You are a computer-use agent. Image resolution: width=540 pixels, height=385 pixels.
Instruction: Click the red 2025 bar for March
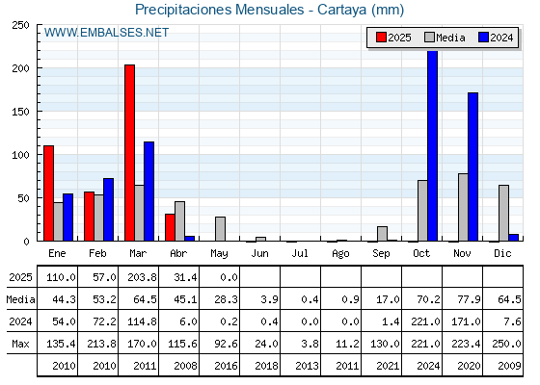tap(129, 153)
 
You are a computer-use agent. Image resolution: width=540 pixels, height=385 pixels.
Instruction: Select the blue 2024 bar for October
tap(432, 145)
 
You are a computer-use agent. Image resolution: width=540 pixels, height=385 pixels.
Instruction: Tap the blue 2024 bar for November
tap(472, 167)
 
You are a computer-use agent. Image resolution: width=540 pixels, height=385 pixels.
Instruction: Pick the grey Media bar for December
tap(503, 213)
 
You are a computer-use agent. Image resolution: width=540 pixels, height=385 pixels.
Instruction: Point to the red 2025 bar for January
tap(48, 193)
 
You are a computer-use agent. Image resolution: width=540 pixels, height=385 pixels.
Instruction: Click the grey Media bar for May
tap(220, 229)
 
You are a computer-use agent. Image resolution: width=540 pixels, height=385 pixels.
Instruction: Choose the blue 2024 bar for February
tap(108, 210)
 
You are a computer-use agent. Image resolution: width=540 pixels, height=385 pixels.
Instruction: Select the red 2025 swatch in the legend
tap(381, 38)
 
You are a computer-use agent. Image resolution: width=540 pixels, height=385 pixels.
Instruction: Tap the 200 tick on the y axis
tap(20, 68)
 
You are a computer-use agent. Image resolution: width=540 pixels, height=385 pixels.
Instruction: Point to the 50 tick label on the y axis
tap(23, 198)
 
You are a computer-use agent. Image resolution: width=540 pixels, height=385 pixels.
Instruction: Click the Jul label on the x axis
tap(300, 253)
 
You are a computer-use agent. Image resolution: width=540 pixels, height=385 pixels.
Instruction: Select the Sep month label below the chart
tap(381, 254)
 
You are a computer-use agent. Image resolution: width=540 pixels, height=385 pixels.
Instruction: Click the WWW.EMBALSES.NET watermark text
tap(106, 33)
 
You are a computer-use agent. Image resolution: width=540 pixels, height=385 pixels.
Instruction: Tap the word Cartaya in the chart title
tap(341, 10)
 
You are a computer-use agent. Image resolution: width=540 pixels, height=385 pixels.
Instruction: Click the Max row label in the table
tap(20, 344)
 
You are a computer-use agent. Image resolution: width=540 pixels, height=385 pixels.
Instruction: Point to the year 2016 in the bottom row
tap(226, 366)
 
